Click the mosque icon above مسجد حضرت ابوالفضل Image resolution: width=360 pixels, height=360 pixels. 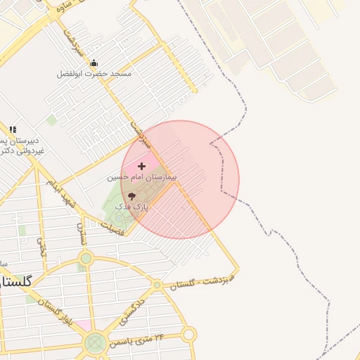coord(94,63)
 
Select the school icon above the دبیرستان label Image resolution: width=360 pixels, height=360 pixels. coord(13,129)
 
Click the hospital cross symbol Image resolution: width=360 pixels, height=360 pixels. coord(142,167)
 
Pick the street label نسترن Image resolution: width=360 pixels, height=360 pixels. coord(82,233)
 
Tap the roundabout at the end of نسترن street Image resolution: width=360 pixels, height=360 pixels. coord(86,258)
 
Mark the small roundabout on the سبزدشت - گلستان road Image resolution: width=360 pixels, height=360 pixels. coord(157,285)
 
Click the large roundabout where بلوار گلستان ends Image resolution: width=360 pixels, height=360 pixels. coord(95,343)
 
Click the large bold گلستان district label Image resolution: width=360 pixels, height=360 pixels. coord(15,281)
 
